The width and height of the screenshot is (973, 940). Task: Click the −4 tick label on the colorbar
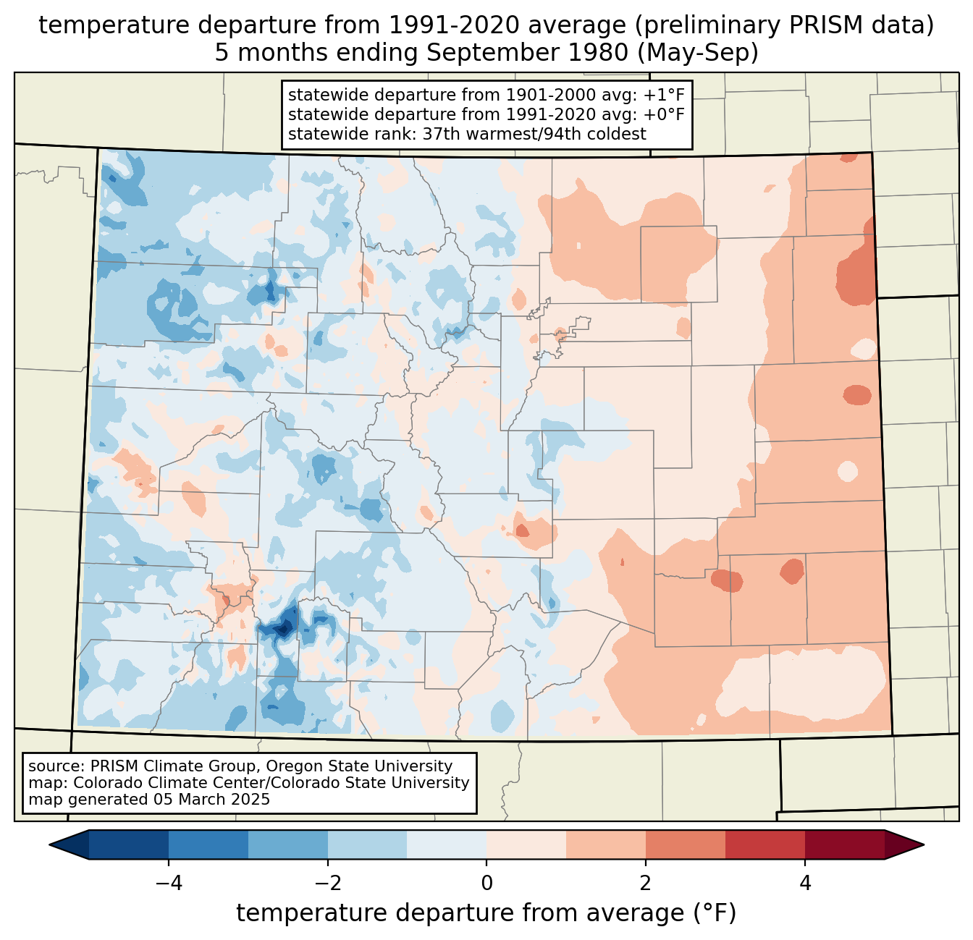point(169,883)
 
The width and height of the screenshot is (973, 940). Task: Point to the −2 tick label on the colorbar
point(328,883)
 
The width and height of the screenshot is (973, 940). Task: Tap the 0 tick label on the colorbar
point(486,883)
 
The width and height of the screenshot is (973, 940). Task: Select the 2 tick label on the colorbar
point(646,883)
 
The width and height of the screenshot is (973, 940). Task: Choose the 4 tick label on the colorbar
point(804,883)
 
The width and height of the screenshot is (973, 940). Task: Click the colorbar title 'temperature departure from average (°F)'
point(486,913)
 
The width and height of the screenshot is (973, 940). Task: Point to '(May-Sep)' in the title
point(698,53)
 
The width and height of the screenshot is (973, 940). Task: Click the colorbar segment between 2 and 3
point(686,845)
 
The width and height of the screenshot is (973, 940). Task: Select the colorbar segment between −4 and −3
point(208,845)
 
